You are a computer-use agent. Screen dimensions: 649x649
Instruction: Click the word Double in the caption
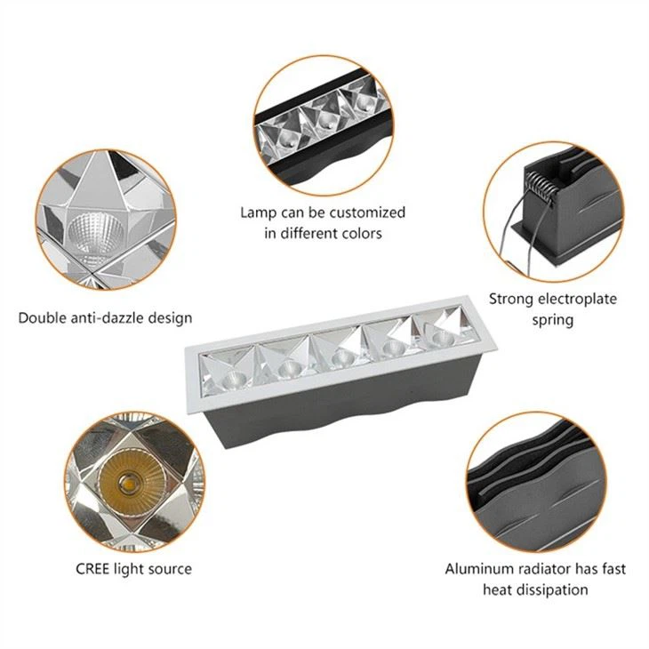(x=41, y=317)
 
